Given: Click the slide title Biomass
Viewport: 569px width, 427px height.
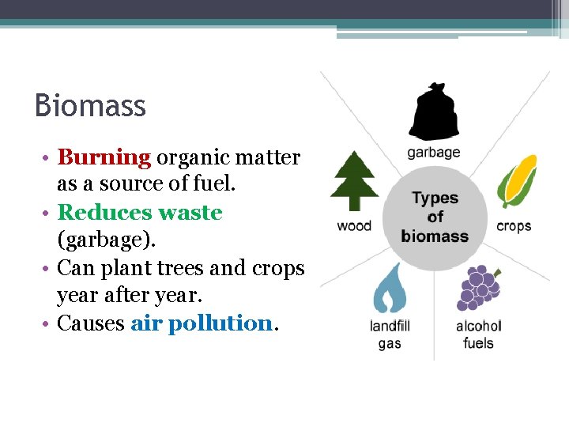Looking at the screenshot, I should coord(90,106).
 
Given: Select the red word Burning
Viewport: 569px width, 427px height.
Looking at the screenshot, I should coord(104,157).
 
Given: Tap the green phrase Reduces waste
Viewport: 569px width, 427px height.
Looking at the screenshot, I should coord(140,213).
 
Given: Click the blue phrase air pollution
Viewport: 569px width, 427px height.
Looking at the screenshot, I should coord(201,323).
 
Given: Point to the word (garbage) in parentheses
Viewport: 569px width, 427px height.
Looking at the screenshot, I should coord(99,240).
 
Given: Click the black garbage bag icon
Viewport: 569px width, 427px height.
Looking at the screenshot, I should coord(433,112).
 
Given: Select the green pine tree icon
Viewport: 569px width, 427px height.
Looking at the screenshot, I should coord(354,182).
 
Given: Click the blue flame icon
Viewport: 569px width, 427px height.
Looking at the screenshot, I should coord(389,289).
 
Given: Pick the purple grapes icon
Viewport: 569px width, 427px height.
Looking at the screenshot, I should coord(477,288).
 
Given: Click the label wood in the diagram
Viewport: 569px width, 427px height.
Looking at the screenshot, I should coord(354,226).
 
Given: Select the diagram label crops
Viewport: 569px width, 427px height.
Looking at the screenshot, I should coord(514,226).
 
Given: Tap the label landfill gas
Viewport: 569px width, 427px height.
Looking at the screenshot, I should coord(390,334).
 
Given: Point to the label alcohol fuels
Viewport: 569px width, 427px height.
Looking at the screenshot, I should coord(478,334).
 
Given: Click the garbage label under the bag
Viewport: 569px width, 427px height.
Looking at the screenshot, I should coord(433,153).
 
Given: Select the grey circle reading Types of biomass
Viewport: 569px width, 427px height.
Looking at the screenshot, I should coord(435,217).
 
